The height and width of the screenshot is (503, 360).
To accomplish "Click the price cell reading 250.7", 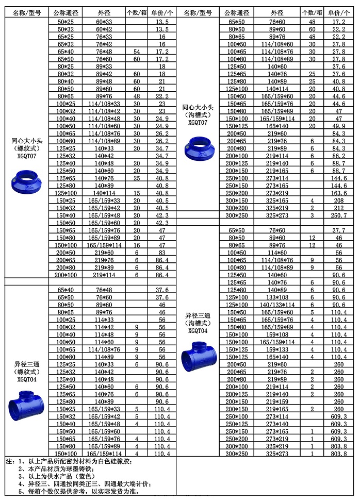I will click(338, 214).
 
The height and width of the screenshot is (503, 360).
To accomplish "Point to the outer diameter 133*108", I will click(276, 297).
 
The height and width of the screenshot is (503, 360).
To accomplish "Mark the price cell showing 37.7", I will click(338, 230).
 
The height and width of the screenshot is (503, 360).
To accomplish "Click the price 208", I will click(338, 200).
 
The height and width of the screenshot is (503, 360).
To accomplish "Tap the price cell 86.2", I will click(338, 155).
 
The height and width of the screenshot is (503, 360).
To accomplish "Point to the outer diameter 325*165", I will click(276, 200).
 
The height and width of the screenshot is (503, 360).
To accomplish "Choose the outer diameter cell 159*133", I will click(276, 349).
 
